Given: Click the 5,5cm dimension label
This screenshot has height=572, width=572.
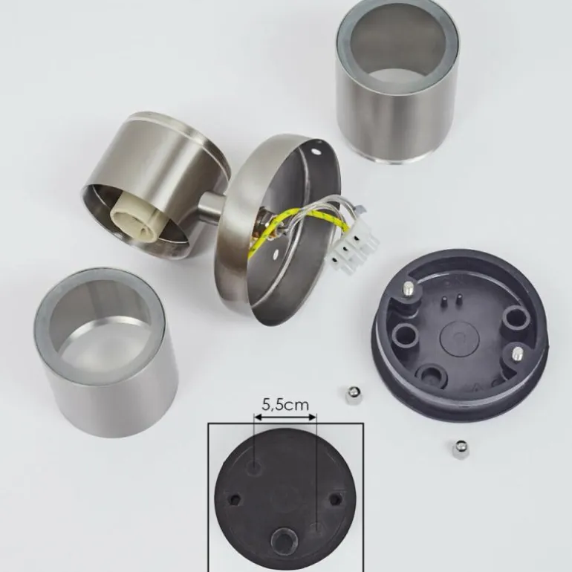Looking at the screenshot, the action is (x=285, y=405).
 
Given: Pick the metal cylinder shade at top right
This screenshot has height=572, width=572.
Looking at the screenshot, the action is (x=397, y=82).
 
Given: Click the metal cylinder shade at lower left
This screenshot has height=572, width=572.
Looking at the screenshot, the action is (x=105, y=352).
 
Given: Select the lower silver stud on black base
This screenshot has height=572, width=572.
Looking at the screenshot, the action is (x=517, y=354).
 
